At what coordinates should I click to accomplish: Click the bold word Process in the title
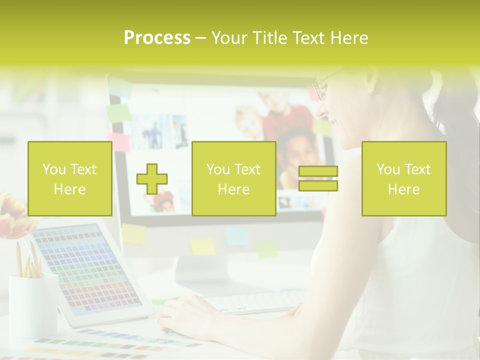pyautogui.click(x=157, y=38)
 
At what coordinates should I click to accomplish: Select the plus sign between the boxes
pyautogui.click(x=152, y=178)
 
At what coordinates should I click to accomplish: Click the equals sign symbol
pyautogui.click(x=318, y=178)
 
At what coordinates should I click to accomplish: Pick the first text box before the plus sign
pyautogui.click(x=70, y=178)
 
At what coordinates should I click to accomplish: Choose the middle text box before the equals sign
pyautogui.click(x=233, y=178)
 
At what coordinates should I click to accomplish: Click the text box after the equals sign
pyautogui.click(x=403, y=178)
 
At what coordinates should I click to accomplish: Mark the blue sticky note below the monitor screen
pyautogui.click(x=237, y=236)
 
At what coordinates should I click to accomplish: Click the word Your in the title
pyautogui.click(x=228, y=38)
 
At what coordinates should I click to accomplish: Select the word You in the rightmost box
pyautogui.click(x=387, y=169)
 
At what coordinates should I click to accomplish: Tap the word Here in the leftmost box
pyautogui.click(x=69, y=189)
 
